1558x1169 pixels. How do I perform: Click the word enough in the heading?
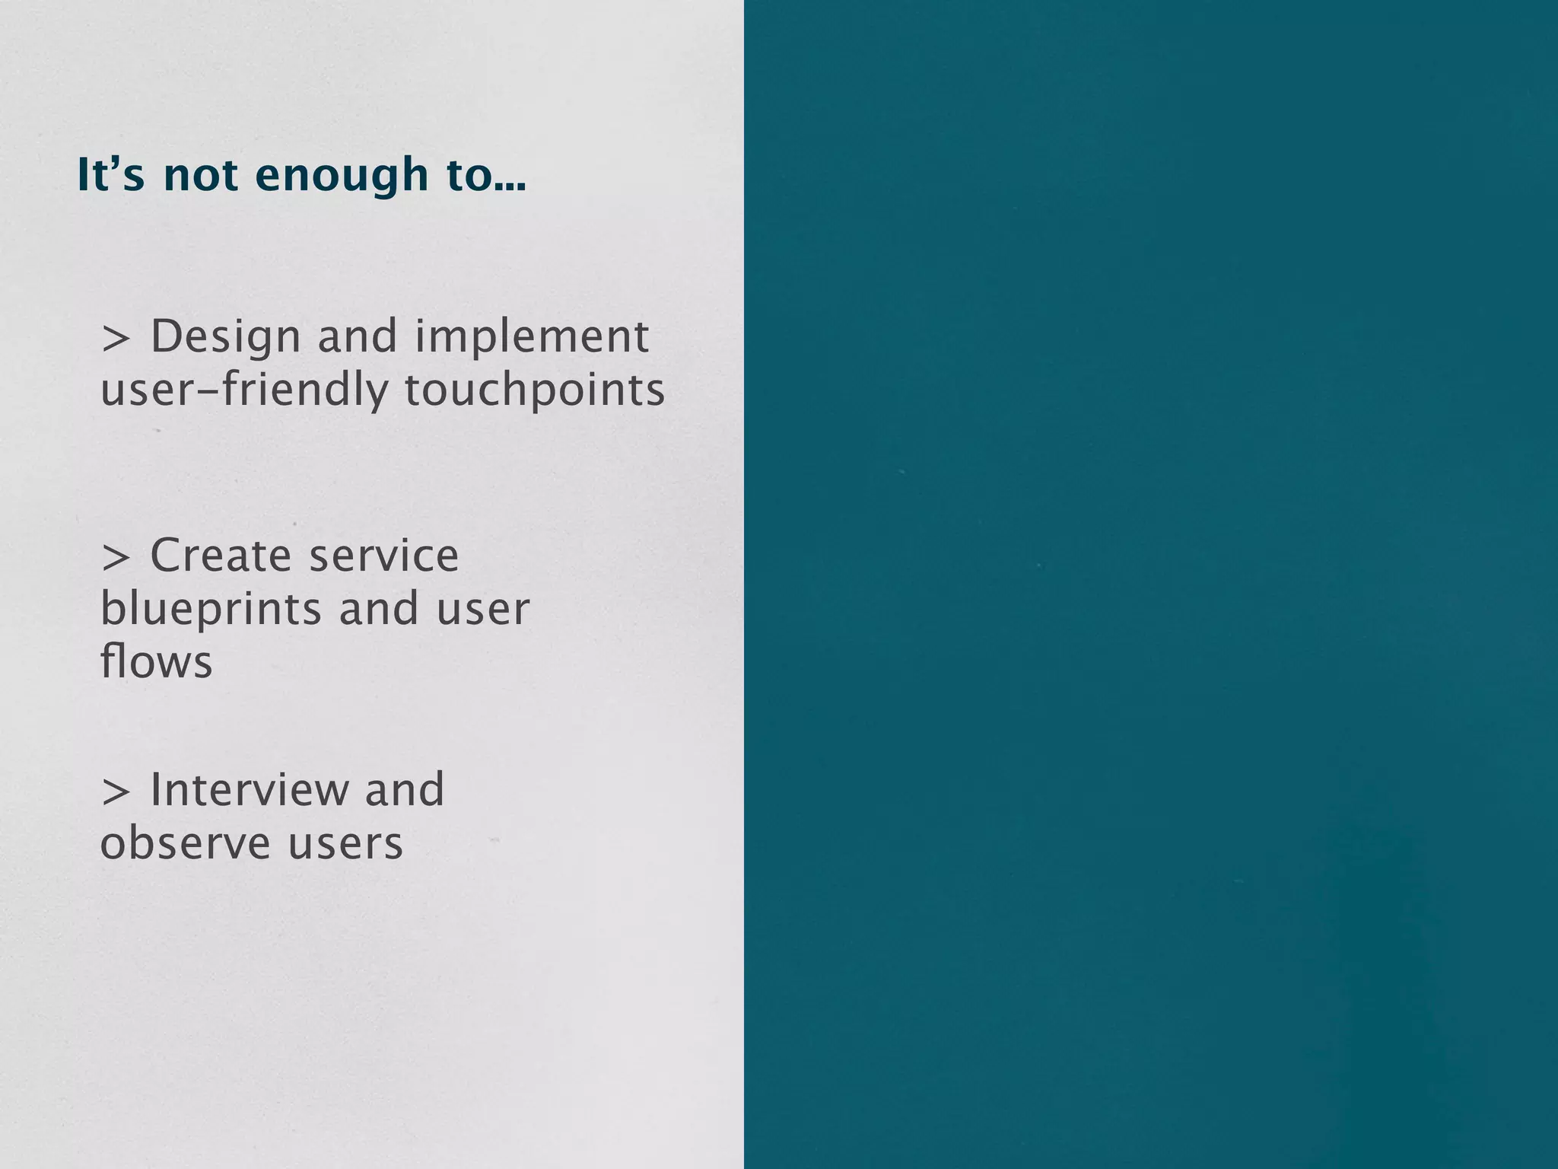point(342,177)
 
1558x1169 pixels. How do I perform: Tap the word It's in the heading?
point(110,175)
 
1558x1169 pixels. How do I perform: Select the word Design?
point(226,337)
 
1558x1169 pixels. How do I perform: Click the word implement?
point(532,337)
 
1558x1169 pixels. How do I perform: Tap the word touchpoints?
point(534,390)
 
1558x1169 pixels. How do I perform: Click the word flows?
point(156,661)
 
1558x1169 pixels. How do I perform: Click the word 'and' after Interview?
point(404,790)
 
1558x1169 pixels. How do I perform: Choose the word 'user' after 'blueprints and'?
point(482,610)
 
